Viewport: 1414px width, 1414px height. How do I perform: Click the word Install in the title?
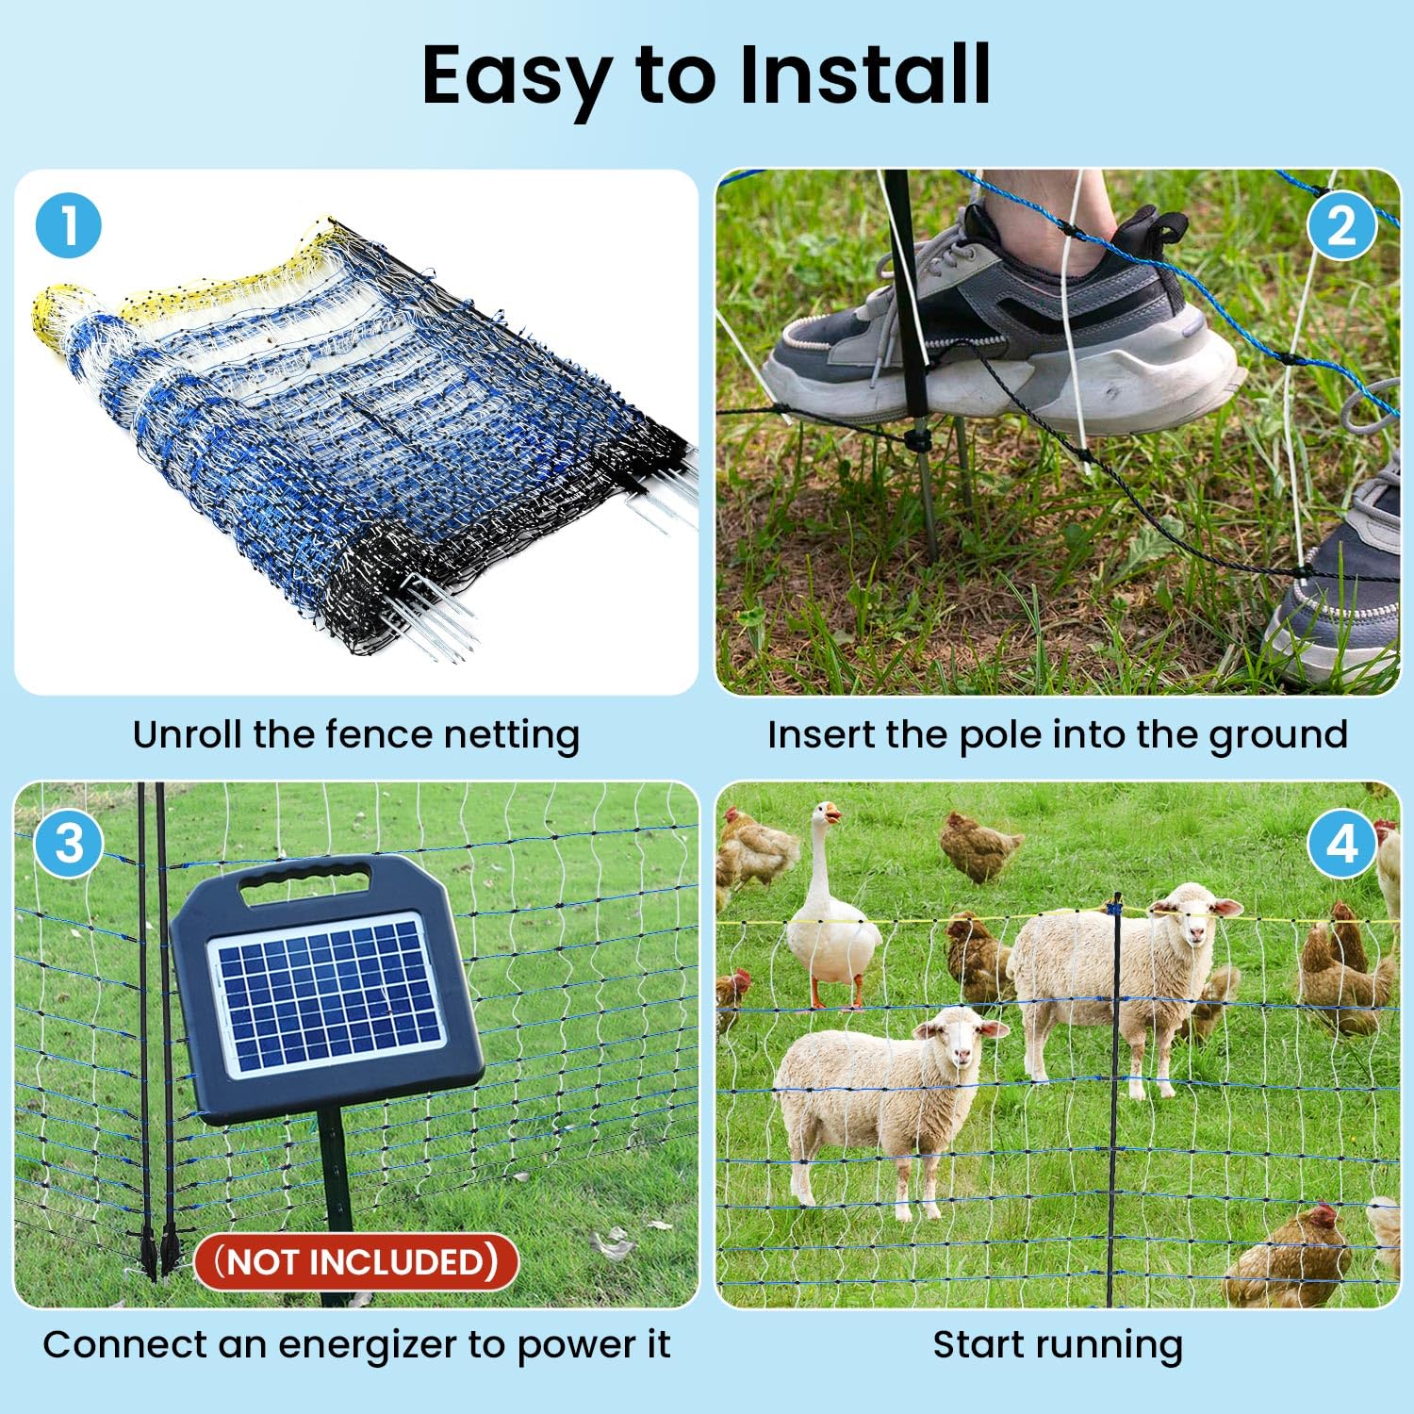click(864, 74)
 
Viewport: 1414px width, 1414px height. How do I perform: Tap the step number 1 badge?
click(68, 225)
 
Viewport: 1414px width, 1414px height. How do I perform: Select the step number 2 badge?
click(1340, 225)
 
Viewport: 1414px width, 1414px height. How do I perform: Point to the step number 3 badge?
click(68, 844)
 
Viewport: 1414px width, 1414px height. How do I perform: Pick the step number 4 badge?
click(1340, 844)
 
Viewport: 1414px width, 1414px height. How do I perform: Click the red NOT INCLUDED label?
click(356, 1261)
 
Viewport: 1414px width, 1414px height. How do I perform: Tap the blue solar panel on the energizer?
click(326, 993)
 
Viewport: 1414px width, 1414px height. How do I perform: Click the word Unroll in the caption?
click(187, 734)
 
